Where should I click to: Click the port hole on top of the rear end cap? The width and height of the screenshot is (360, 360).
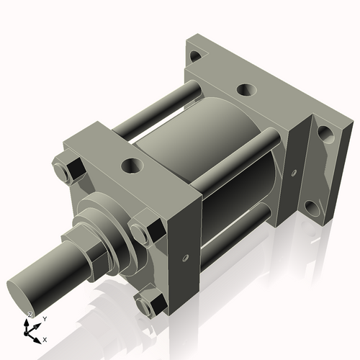(246, 90)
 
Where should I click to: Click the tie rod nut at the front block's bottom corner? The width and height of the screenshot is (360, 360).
(150, 305)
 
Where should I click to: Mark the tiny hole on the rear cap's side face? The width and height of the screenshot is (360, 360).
(294, 173)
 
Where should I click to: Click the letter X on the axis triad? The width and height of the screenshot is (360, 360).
(45, 338)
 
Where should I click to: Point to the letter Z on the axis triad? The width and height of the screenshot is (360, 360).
(29, 315)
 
